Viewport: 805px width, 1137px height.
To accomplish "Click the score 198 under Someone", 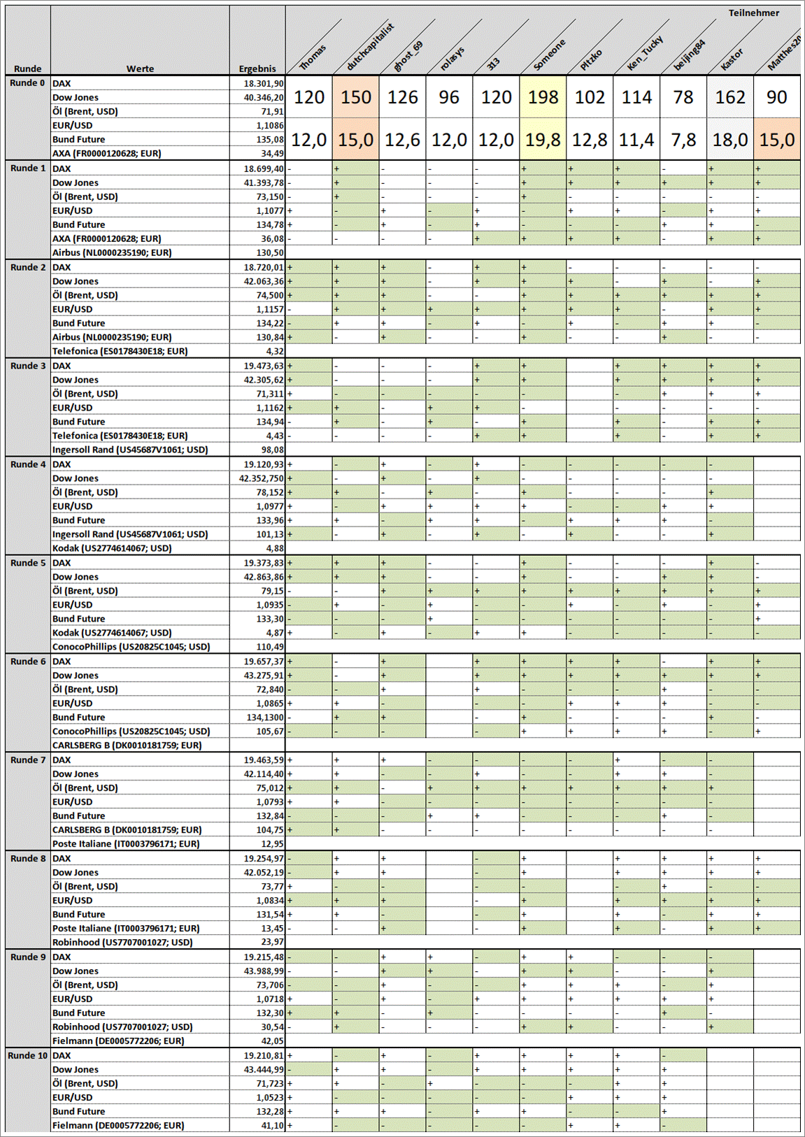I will [x=543, y=97].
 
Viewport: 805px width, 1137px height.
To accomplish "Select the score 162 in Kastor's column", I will [x=730, y=97].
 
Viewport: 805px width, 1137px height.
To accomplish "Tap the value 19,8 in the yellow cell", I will [x=543, y=140].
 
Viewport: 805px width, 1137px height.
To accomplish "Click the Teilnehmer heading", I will [x=753, y=13].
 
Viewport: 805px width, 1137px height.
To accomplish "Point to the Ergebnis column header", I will [x=257, y=69].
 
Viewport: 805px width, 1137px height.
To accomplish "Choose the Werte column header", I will [x=140, y=69].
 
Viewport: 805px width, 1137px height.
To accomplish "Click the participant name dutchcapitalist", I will [x=370, y=47].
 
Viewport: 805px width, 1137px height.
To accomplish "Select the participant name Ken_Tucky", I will [x=644, y=53].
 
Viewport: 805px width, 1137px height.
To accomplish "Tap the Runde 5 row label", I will [x=28, y=563].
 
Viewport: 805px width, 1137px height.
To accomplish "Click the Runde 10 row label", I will [x=28, y=1055].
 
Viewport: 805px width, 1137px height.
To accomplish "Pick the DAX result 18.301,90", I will [x=264, y=83].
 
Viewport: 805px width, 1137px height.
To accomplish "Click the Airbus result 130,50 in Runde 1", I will [x=270, y=252].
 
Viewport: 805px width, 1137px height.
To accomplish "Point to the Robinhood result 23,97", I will [x=272, y=942].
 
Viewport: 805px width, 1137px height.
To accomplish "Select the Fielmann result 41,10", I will [x=272, y=1125].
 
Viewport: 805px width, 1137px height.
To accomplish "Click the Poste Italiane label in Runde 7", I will [x=126, y=843].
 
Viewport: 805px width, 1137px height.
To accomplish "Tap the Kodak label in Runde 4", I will [x=112, y=548].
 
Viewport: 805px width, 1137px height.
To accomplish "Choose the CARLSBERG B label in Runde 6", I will [x=127, y=745].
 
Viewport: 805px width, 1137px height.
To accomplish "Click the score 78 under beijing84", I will [x=683, y=97].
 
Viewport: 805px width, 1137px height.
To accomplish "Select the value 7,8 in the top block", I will [x=683, y=140].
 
